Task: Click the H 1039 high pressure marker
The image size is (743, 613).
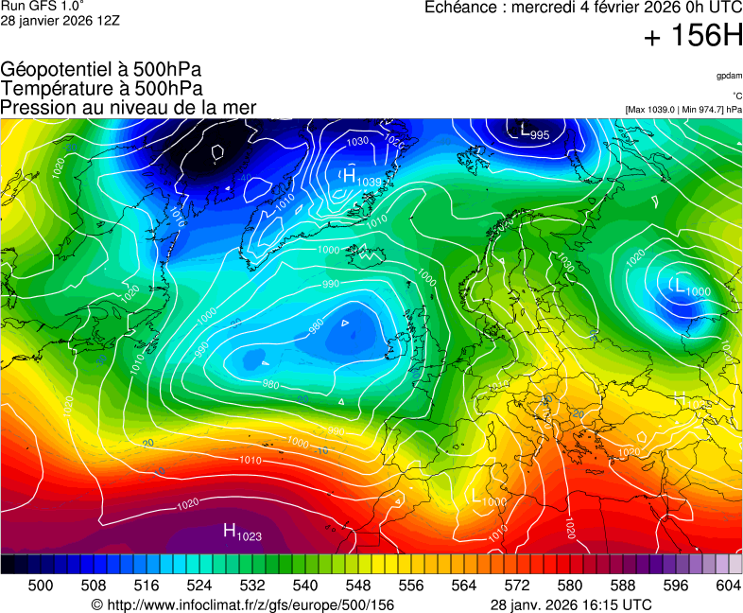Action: coord(361,177)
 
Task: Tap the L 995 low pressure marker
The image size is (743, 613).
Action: coord(534,132)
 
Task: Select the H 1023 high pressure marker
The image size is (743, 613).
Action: coord(242,533)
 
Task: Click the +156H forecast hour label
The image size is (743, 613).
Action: coord(693,37)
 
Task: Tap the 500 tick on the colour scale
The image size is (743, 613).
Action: coord(41,586)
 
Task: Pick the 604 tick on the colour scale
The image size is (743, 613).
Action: coord(727,586)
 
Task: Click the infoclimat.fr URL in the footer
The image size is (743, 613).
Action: coord(242,604)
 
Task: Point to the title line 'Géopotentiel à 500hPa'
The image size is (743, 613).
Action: coord(101,70)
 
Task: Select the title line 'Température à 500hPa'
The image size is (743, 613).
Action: coord(101,88)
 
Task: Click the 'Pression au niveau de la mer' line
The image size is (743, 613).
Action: coord(129,107)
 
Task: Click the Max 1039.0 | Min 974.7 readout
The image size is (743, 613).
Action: coord(683,110)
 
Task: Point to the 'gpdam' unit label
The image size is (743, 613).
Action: coord(729,76)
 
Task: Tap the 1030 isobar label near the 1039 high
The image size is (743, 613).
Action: coord(357,142)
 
